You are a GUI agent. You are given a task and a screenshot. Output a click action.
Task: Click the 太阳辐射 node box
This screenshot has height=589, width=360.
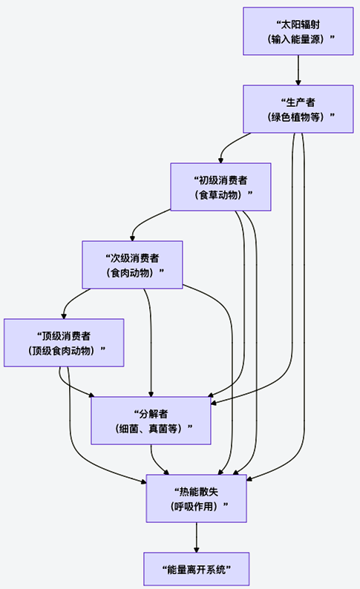pyautogui.click(x=298, y=31)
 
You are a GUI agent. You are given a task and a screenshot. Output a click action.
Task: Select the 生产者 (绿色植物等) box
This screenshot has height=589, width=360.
pyautogui.click(x=298, y=109)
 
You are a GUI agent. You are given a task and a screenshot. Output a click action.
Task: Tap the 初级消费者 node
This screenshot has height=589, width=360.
pyautogui.click(x=220, y=187)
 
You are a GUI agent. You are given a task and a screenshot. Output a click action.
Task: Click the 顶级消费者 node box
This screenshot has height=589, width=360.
pyautogui.click(x=63, y=342)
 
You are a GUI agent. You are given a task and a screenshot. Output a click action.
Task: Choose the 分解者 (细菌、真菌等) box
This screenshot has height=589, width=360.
pyautogui.click(x=151, y=421)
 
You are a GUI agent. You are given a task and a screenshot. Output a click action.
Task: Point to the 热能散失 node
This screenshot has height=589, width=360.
pyautogui.click(x=196, y=498)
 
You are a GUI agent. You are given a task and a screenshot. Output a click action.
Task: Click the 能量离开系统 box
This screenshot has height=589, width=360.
pyautogui.click(x=196, y=570)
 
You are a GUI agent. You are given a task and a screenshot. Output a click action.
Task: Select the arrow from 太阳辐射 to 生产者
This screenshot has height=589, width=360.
pyautogui.click(x=298, y=70)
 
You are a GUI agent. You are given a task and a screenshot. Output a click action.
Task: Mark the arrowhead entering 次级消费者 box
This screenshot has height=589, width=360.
pyautogui.click(x=133, y=237)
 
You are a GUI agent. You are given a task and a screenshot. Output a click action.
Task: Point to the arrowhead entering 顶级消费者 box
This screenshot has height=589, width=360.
pyautogui.click(x=63, y=315)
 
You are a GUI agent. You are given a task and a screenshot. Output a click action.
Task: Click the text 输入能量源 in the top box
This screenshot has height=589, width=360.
pyautogui.click(x=298, y=39)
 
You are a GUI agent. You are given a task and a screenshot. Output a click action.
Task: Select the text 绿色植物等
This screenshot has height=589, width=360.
pyautogui.click(x=298, y=117)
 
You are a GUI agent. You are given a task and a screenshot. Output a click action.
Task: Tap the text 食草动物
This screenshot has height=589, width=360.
pyautogui.click(x=220, y=195)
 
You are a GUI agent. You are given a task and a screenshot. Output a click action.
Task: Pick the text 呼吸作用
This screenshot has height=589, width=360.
pyautogui.click(x=196, y=507)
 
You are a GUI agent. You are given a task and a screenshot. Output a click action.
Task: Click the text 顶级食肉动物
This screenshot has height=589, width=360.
pyautogui.click(x=63, y=350)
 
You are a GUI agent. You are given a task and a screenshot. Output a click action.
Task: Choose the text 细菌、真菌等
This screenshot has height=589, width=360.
pyautogui.click(x=151, y=429)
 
